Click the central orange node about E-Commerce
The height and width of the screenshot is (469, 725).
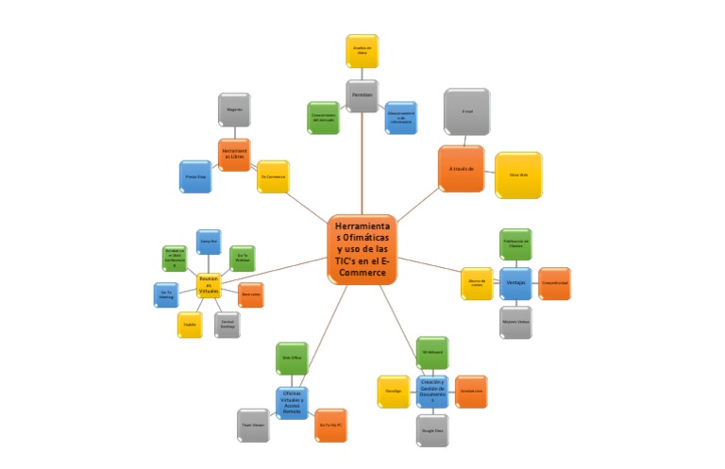(x=362, y=248)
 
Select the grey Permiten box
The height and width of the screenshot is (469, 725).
(x=362, y=95)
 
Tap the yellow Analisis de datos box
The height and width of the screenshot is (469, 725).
(x=362, y=51)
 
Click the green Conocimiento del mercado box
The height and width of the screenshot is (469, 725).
(x=323, y=118)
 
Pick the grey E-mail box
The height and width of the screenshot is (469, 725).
(x=466, y=111)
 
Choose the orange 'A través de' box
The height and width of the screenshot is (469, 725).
(x=461, y=168)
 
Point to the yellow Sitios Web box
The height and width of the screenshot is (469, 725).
(x=518, y=175)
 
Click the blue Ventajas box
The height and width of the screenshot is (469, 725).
(x=515, y=283)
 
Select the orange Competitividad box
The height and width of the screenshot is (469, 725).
(x=554, y=283)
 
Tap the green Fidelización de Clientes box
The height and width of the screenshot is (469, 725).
(x=515, y=243)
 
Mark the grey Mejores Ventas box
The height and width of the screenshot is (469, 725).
(x=515, y=322)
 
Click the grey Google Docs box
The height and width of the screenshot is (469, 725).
(x=432, y=429)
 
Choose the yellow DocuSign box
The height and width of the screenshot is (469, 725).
(x=393, y=391)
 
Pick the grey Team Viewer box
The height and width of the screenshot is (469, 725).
(x=253, y=425)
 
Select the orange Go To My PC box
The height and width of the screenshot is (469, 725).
(x=330, y=426)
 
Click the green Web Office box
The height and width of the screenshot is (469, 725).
(x=292, y=359)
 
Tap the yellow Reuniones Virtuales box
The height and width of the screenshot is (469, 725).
(x=209, y=284)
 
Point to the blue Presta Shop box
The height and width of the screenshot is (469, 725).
(x=195, y=176)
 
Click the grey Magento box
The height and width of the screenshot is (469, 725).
(x=234, y=109)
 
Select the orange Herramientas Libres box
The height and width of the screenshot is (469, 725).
(x=234, y=155)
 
